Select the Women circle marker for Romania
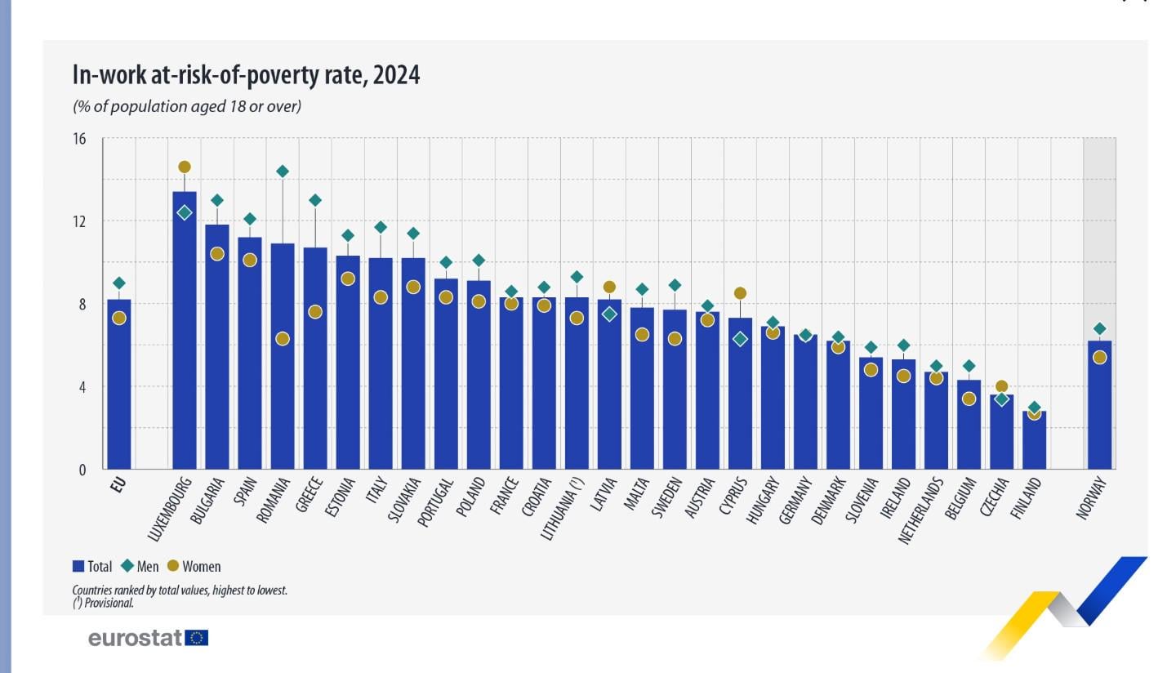tap(283, 339)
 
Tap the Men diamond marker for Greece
tap(315, 200)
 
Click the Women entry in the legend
tap(201, 566)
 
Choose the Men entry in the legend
tap(148, 566)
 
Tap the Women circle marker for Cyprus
tap(740, 293)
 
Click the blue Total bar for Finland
tap(1034, 441)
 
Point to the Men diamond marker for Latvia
tap(609, 314)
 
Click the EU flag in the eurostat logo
tap(197, 638)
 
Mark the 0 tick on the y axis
tap(82, 470)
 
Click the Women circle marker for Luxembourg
tap(185, 167)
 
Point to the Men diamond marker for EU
tap(119, 283)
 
